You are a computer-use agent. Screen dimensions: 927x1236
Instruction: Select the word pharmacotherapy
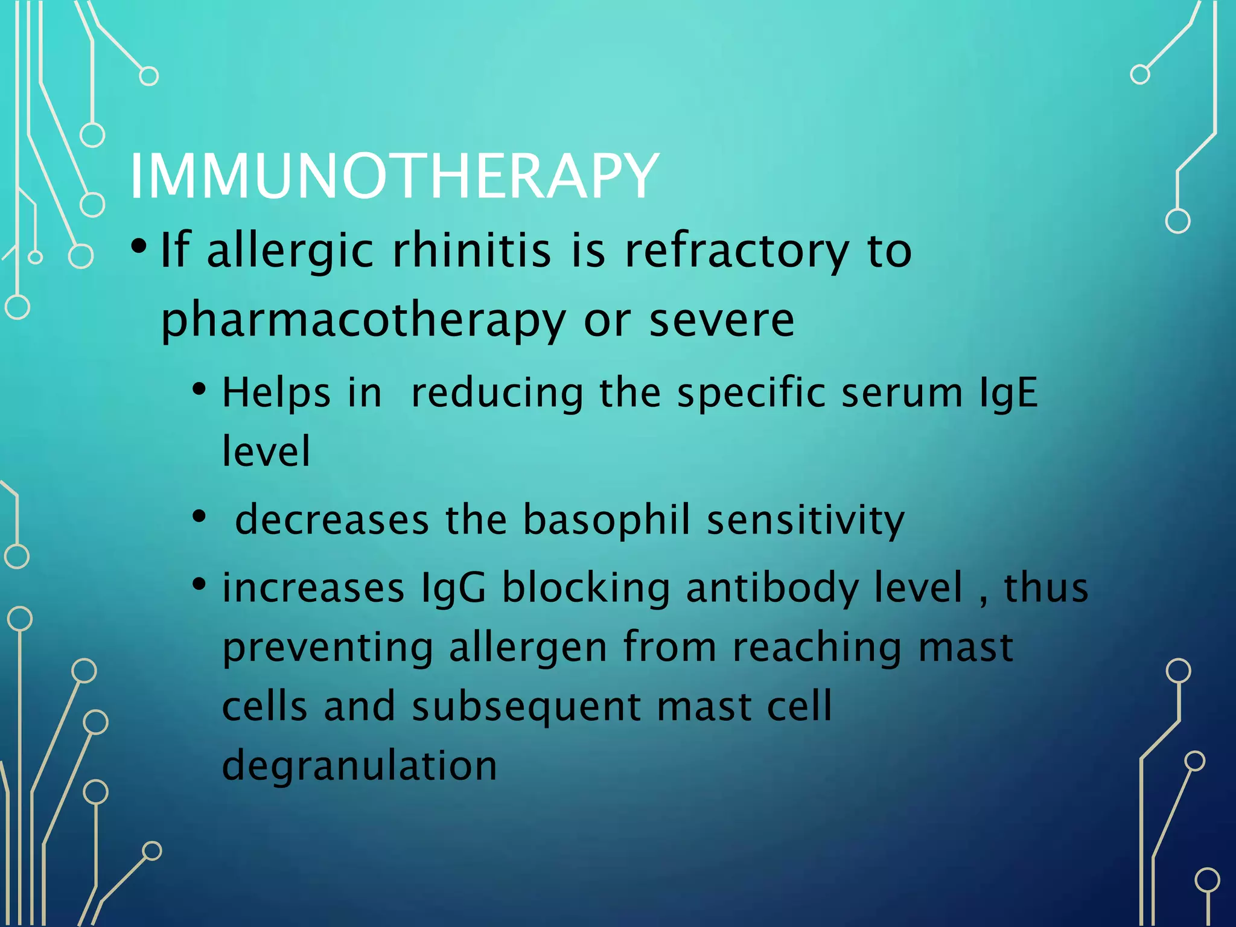click(x=363, y=320)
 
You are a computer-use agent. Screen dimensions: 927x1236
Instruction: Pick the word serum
click(x=902, y=393)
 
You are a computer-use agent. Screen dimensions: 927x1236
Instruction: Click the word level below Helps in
click(x=266, y=451)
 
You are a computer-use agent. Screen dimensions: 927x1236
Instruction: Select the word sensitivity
click(x=805, y=520)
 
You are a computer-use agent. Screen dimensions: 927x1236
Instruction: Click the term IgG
click(x=453, y=588)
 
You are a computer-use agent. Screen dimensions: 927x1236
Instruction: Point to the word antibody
click(x=772, y=588)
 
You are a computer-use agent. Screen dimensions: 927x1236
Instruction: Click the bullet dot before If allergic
click(x=139, y=247)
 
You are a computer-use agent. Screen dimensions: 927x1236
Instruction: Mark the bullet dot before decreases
click(x=199, y=517)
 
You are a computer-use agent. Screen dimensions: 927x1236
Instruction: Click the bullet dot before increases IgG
click(x=199, y=584)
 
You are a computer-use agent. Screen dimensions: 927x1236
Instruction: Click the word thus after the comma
click(x=1046, y=588)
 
